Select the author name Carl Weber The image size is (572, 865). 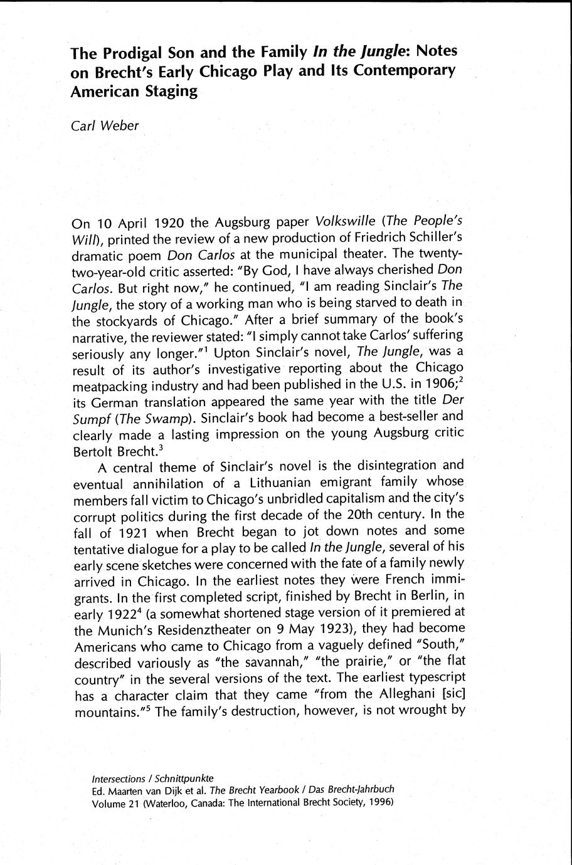105,125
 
